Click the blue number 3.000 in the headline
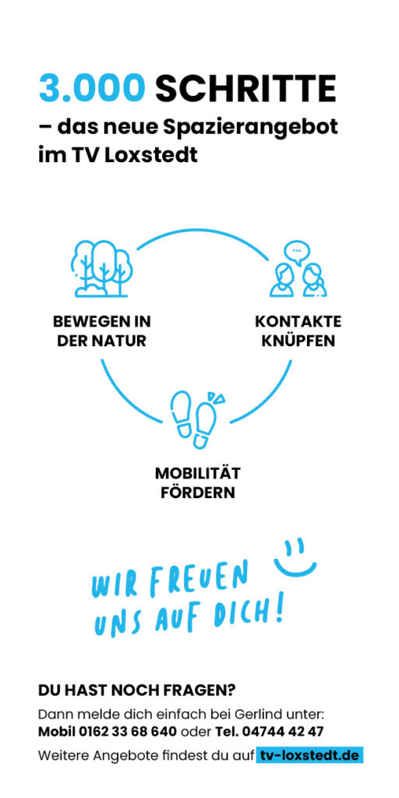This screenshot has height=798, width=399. click(92, 88)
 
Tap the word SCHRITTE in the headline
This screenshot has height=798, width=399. click(245, 88)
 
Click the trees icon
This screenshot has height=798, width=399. click(100, 268)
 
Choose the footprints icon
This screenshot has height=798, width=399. click(197, 419)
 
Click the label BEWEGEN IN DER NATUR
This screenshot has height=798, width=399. click(102, 331)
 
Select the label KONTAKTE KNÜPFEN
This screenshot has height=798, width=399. click(298, 331)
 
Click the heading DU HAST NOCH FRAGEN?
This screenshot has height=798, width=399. click(137, 690)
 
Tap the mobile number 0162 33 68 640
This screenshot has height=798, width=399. click(128, 732)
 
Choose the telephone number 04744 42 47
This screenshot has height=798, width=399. click(283, 732)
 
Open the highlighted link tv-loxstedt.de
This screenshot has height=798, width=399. click(309, 755)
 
